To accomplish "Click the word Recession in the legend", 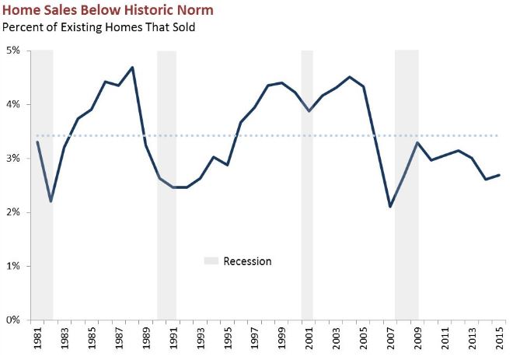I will pyautogui.click(x=247, y=261).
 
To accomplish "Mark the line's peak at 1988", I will pyautogui.click(x=133, y=67).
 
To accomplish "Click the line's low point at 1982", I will pyautogui.click(x=51, y=201).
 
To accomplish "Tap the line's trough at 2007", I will pyautogui.click(x=390, y=207).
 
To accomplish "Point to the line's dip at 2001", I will pyautogui.click(x=309, y=111).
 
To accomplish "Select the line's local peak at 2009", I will pyautogui.click(x=418, y=142).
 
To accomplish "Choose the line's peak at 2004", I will pyautogui.click(x=350, y=77).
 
